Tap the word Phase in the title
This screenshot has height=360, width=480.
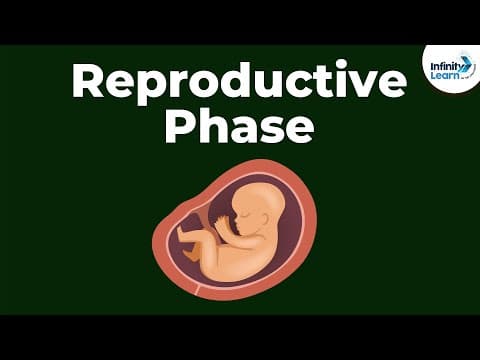(x=239, y=128)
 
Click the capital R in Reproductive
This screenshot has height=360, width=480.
(x=85, y=81)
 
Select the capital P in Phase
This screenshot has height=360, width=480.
(x=179, y=127)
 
